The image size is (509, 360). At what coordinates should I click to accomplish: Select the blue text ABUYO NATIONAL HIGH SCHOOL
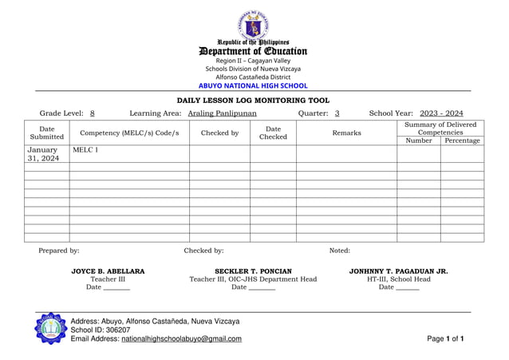coord(253,85)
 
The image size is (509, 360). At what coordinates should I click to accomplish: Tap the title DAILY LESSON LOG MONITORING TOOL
coord(253,101)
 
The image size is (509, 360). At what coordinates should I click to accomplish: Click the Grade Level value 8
coord(93,114)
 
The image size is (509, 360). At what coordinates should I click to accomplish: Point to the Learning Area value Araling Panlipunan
coord(223,114)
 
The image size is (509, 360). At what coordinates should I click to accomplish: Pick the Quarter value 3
coord(337,114)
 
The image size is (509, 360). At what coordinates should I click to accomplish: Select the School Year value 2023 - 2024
coord(441,114)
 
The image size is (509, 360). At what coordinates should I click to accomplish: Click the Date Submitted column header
coord(47,133)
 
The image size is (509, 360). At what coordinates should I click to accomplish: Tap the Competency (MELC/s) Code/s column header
coord(129,133)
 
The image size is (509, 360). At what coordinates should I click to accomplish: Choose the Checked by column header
coord(219,133)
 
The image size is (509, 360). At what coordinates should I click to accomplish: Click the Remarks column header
coord(346,133)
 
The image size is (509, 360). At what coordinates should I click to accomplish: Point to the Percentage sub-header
coord(462,140)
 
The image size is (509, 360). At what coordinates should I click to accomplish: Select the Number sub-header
coord(419,140)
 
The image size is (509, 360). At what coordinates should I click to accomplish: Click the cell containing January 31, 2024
coord(43,154)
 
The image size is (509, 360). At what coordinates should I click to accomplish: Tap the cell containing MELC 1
coord(85,150)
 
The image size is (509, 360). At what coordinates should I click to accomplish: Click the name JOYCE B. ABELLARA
coord(108,271)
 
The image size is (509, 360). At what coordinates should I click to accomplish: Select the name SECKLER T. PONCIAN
coord(253,271)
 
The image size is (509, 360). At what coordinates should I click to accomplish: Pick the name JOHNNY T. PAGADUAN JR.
coord(398,271)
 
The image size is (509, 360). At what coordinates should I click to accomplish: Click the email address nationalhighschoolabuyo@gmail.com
coord(181,339)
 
